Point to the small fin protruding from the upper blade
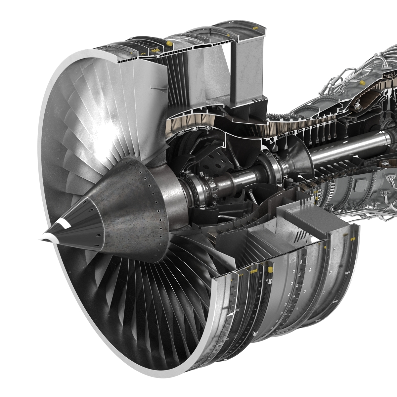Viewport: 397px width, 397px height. (x=156, y=88)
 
